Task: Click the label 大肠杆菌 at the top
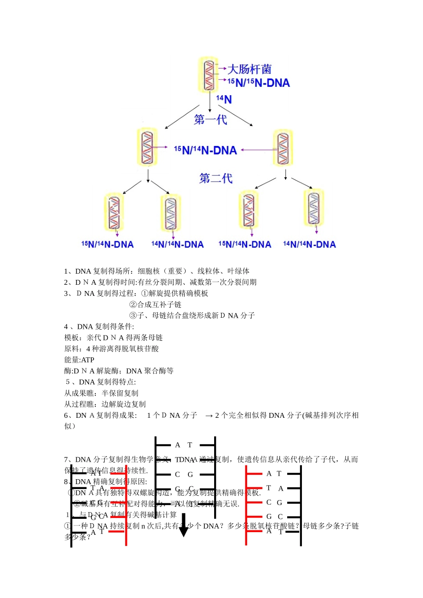249,69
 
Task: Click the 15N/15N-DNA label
259,83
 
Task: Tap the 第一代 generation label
211,120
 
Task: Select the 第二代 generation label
216,178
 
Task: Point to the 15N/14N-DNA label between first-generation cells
205,150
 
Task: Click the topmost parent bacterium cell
208,74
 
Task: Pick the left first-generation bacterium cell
147,147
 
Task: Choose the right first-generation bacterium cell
283,148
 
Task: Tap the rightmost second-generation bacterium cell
314,207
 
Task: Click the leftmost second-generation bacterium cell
114,212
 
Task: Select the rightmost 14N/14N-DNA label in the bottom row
309,244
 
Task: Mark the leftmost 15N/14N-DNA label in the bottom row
107,244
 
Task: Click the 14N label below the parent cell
224,99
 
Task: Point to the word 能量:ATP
79,360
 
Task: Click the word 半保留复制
120,393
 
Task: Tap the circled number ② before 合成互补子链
133,305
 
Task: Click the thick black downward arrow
183,525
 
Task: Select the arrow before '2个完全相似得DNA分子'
209,416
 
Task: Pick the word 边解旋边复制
123,404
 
